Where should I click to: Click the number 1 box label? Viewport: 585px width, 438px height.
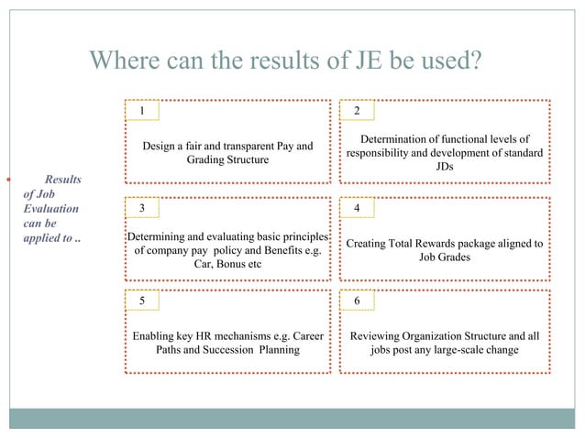141,111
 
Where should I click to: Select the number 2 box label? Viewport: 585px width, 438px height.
357,111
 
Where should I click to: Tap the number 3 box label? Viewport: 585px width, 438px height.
141,208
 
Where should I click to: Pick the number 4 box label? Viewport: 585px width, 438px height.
357,208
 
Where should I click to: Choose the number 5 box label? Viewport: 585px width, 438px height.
141,301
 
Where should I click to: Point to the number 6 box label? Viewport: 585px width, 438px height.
357,301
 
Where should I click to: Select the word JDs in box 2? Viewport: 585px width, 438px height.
445,167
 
